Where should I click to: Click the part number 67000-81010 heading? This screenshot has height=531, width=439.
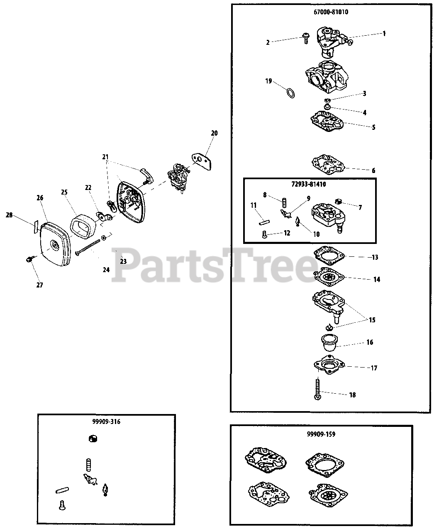coord(331,12)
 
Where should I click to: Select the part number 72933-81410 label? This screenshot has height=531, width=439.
coord(309,184)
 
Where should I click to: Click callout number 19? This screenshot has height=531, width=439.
coord(268,81)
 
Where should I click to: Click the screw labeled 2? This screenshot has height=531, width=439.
coord(306,39)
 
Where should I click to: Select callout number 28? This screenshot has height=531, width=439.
coord(9,215)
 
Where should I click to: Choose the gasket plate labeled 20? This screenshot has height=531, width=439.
coord(202,161)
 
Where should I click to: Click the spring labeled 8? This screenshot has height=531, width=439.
coord(285,203)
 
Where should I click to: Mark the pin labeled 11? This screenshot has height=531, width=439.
coord(264,222)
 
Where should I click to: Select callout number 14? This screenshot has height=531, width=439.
coord(377,280)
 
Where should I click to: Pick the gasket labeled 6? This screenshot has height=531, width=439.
coord(329,164)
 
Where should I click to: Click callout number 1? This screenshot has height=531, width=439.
coord(384,33)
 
